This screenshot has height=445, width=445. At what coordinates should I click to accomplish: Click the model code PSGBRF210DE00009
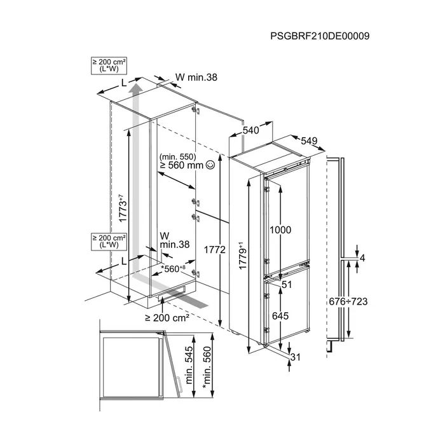click(x=320, y=36)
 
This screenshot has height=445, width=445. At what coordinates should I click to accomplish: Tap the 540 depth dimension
click(x=251, y=130)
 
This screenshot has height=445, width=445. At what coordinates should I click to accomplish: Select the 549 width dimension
click(x=309, y=140)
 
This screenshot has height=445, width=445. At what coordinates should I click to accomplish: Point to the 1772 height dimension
click(x=215, y=249)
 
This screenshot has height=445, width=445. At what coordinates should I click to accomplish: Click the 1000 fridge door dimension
click(x=280, y=229)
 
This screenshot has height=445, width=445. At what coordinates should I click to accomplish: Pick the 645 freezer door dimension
click(x=280, y=315)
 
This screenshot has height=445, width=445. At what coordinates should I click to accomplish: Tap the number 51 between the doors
click(x=287, y=284)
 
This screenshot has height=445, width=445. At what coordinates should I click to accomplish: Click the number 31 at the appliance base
click(x=295, y=357)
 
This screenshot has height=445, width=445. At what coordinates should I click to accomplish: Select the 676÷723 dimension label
click(x=348, y=301)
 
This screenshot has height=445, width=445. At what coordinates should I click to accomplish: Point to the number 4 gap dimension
click(x=362, y=258)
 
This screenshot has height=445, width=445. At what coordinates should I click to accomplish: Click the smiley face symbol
click(x=210, y=164)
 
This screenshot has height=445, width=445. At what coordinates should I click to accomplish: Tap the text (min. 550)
click(x=177, y=156)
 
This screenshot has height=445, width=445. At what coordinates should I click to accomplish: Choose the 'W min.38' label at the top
click(x=196, y=77)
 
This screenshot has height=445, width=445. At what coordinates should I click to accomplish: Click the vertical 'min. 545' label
click(x=189, y=366)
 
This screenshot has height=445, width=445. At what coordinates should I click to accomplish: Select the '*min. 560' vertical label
click(x=207, y=366)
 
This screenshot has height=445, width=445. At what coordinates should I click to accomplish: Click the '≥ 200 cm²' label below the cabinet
click(x=167, y=318)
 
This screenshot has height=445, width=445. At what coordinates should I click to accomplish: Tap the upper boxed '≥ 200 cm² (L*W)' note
click(x=109, y=66)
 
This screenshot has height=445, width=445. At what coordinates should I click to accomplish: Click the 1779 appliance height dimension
click(x=242, y=256)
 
